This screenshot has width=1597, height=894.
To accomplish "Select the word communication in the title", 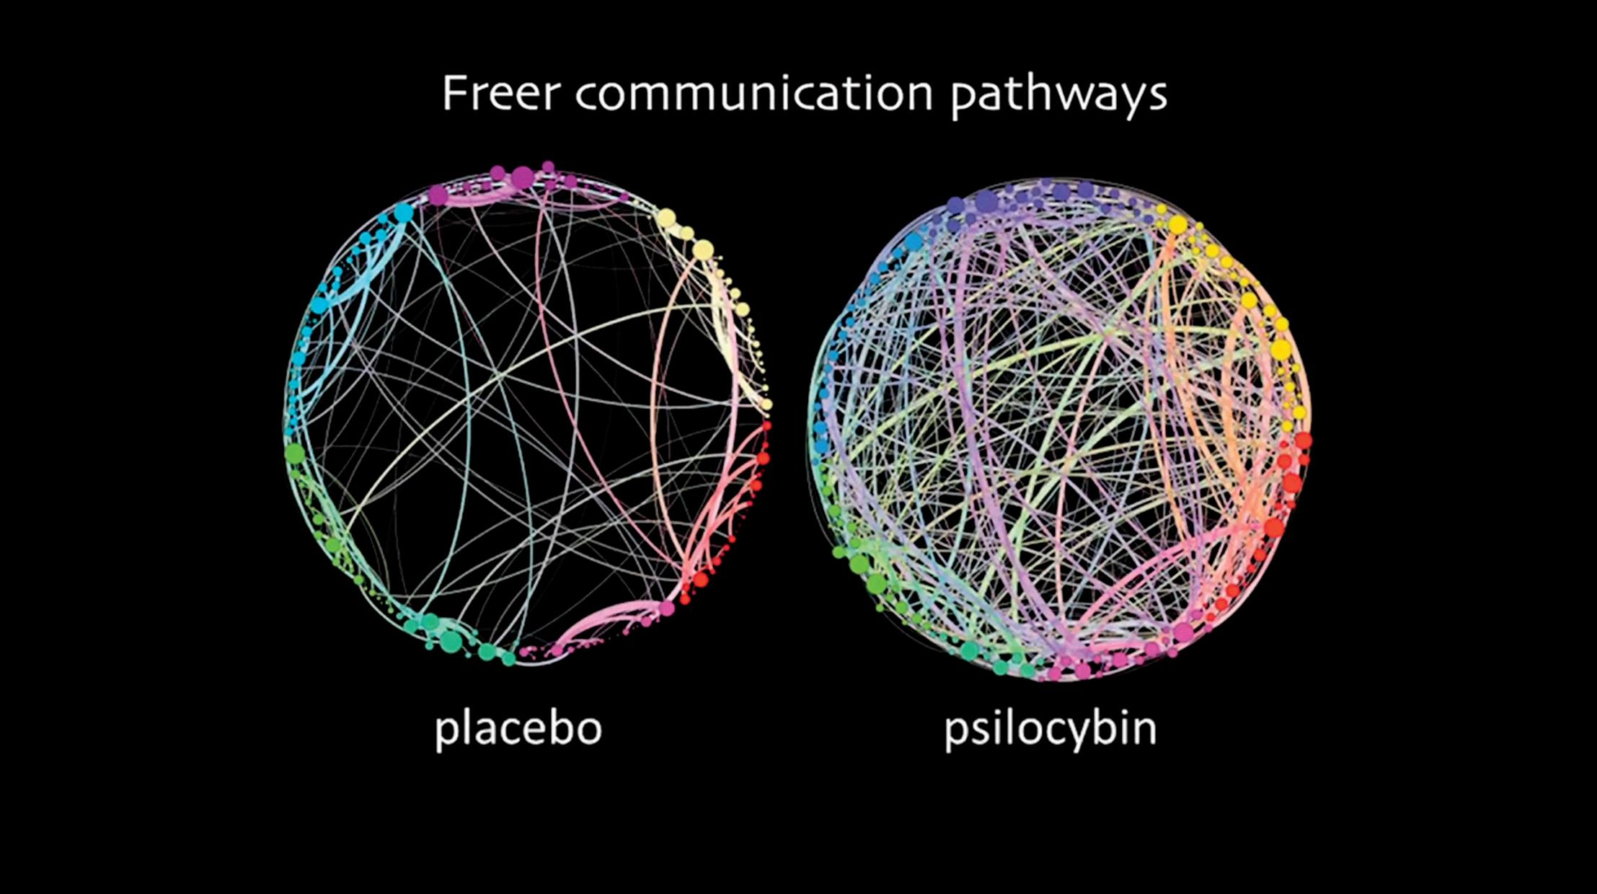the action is click(754, 94).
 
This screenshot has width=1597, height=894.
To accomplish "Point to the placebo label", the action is click(518, 728).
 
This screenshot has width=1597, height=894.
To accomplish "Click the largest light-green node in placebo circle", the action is click(294, 453).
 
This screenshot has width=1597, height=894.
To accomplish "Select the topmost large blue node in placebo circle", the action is click(404, 212).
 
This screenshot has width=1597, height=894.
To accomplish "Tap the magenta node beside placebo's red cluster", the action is click(667, 608).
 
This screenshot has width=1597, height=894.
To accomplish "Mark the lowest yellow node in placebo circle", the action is click(766, 404).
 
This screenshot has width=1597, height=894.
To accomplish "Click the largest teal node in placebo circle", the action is click(451, 640).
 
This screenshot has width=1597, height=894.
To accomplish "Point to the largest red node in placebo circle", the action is click(700, 579).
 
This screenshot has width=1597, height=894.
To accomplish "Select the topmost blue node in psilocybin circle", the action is click(913, 242).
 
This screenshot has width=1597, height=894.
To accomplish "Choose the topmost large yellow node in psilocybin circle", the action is click(1177, 225).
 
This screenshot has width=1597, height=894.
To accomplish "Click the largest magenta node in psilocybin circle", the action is click(1182, 633).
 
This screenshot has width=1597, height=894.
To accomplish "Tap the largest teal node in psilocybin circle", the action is click(970, 650).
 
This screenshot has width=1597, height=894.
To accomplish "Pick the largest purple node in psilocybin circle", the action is click(986, 200).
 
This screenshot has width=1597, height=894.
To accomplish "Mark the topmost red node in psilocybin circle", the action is click(1303, 440).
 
